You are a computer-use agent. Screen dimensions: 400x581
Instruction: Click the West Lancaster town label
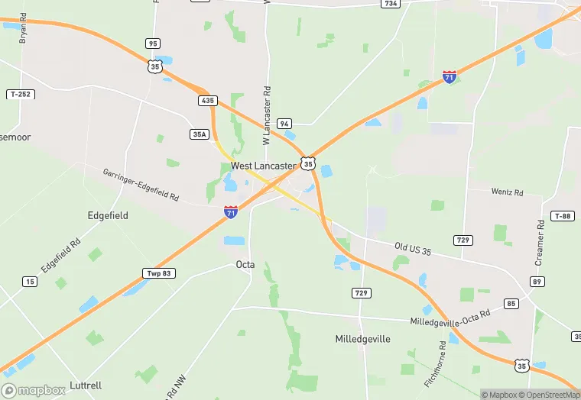tap(263, 165)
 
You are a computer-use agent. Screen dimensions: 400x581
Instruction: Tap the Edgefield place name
tap(108, 215)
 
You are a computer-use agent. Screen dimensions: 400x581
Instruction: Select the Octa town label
tap(245, 264)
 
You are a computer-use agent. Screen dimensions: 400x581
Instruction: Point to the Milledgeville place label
tap(363, 338)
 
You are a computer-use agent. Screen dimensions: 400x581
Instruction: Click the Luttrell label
tap(84, 385)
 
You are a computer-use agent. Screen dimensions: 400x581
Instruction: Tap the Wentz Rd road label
tap(507, 192)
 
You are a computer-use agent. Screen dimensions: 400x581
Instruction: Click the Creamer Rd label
tap(540, 243)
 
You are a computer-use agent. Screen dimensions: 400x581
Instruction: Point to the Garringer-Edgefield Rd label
tap(141, 185)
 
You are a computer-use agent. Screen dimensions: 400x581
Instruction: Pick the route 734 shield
tap(391, 4)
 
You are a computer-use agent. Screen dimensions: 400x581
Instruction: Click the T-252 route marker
tap(21, 94)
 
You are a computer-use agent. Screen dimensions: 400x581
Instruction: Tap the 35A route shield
tap(200, 134)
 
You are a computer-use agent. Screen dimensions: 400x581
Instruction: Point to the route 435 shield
tap(206, 100)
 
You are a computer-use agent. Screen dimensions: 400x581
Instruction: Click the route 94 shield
tap(284, 123)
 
